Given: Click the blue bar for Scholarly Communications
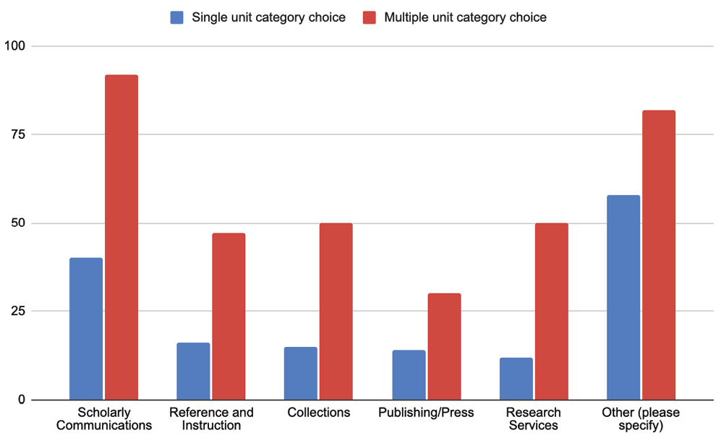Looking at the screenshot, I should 86,329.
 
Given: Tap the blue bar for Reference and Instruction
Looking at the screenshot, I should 193,371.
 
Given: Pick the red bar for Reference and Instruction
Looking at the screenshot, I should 229,317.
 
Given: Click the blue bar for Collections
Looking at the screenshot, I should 301,373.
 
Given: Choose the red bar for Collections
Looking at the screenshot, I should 336,312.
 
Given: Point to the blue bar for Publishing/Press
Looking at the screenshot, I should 409,374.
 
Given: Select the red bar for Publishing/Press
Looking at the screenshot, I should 444,346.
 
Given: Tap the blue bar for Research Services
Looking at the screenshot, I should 516,379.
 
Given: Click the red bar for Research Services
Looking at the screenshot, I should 552,312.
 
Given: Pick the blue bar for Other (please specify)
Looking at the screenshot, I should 623,297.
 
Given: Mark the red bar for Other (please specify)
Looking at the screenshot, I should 659,255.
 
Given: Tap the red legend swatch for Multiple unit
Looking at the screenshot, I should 370,17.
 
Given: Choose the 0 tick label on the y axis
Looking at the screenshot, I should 21,400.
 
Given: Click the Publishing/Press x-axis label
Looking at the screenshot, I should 426,413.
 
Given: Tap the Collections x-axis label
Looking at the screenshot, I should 318,413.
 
